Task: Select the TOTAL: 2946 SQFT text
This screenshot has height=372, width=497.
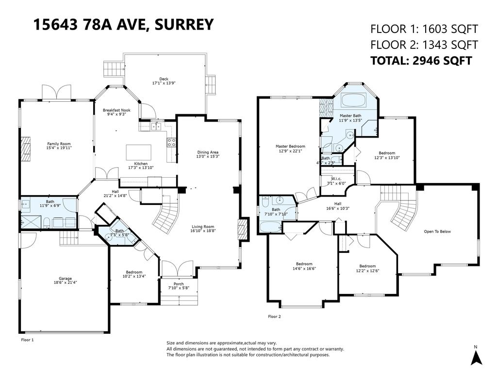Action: click(421, 61)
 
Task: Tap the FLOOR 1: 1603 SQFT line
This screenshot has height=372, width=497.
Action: click(424, 29)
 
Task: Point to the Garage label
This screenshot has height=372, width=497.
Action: click(66, 279)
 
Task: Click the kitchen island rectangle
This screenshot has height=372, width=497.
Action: click(138, 152)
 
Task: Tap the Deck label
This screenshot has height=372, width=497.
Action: click(164, 79)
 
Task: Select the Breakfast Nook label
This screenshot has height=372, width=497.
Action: click(117, 111)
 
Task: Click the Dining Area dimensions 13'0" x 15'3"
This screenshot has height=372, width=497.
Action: click(208, 156)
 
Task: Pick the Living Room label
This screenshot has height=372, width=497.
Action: click(202, 227)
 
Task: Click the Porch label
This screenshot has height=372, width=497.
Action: click(179, 284)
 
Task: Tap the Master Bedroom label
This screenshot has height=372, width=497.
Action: click(290, 146)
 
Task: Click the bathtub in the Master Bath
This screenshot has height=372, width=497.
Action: click(355, 101)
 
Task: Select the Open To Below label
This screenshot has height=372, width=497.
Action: click(437, 232)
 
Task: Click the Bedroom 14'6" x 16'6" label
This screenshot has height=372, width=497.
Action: click(302, 264)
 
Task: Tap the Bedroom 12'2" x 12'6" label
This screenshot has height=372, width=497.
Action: click(367, 266)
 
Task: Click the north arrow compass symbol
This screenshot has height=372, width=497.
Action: click(476, 357)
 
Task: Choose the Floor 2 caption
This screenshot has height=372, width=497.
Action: click(274, 316)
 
